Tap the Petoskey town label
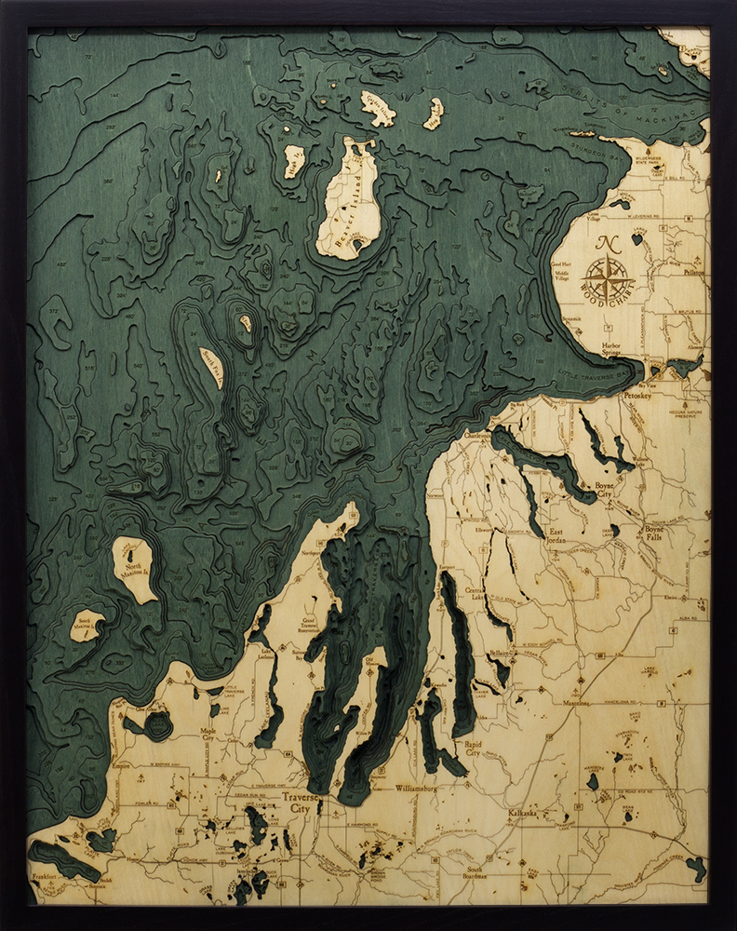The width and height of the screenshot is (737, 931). click(x=636, y=395)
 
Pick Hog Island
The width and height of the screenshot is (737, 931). click(x=434, y=113)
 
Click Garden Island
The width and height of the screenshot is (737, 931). click(x=378, y=108)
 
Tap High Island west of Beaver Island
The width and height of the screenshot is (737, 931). click(x=294, y=160)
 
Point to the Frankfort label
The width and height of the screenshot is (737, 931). click(x=46, y=878)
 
